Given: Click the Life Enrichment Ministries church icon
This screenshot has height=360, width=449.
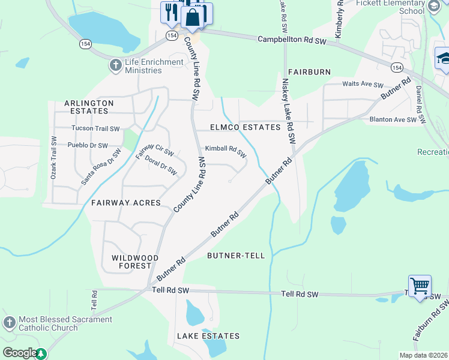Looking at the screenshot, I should (x=116, y=64).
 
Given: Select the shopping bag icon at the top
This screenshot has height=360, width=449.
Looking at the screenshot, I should (x=193, y=18).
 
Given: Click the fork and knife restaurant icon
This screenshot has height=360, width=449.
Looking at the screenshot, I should (x=170, y=12).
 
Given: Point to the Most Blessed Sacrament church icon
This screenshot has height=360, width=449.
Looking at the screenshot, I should (x=9, y=323).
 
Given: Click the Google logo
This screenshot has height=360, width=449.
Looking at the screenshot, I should (x=19, y=353).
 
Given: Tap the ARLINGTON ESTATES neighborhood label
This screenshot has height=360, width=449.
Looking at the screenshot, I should (x=89, y=107).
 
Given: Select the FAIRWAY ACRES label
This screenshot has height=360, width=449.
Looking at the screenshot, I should (x=126, y=203).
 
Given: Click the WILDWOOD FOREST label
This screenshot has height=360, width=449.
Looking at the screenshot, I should (x=135, y=262).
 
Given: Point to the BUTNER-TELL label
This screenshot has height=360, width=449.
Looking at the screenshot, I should (x=236, y=256).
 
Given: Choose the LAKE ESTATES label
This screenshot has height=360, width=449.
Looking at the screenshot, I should (x=208, y=336).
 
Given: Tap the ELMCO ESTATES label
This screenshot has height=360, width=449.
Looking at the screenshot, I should (x=246, y=127).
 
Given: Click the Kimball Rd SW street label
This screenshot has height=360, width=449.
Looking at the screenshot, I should (x=226, y=151).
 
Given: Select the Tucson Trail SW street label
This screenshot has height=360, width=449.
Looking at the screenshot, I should (x=95, y=128).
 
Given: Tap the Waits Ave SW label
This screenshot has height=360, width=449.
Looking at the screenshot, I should (x=363, y=85).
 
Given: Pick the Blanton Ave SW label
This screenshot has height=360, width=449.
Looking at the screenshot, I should (x=393, y=120).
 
